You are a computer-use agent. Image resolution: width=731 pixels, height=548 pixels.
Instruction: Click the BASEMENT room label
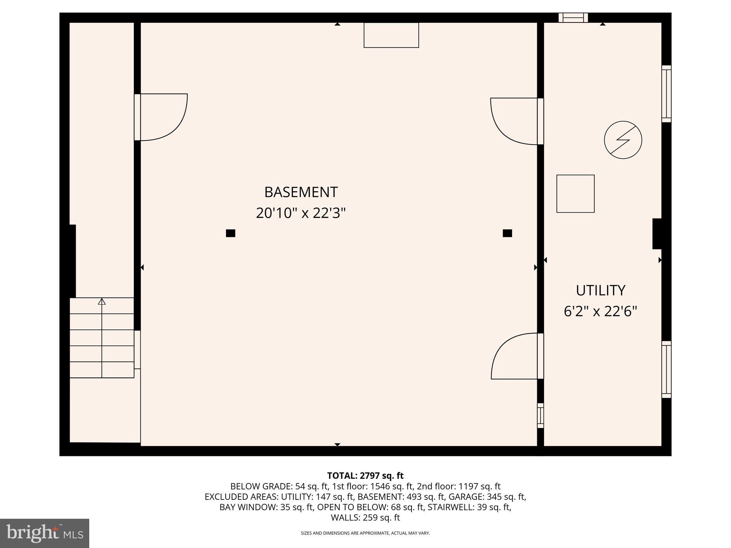tap(301, 192)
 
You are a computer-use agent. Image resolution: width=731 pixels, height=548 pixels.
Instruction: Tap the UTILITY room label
tap(600, 290)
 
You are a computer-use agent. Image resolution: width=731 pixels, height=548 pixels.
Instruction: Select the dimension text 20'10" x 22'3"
tap(301, 213)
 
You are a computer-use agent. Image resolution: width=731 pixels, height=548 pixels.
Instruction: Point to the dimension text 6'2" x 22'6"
tap(600, 311)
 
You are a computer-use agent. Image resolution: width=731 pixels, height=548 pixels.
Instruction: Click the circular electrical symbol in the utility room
tap(623, 140)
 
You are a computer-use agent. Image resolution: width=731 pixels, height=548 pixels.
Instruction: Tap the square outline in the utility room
tap(575, 194)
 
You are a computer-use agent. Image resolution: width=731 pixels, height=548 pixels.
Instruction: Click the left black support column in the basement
tap(231, 233)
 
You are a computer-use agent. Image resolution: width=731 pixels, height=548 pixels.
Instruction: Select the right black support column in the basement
tap(507, 233)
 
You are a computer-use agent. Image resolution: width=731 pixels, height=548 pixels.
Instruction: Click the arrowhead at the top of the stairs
tap(102, 302)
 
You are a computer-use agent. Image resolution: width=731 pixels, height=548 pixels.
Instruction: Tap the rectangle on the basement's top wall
tap(391, 35)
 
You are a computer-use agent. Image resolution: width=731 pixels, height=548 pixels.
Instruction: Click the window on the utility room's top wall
tap(573, 17)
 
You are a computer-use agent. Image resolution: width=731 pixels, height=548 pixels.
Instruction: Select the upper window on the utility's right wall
tap(666, 94)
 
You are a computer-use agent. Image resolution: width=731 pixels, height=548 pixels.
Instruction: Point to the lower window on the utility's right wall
tap(666, 369)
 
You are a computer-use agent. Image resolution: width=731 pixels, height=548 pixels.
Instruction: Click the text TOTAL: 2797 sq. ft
tap(365, 476)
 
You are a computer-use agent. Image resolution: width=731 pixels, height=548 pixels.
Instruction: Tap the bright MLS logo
tap(45, 533)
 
